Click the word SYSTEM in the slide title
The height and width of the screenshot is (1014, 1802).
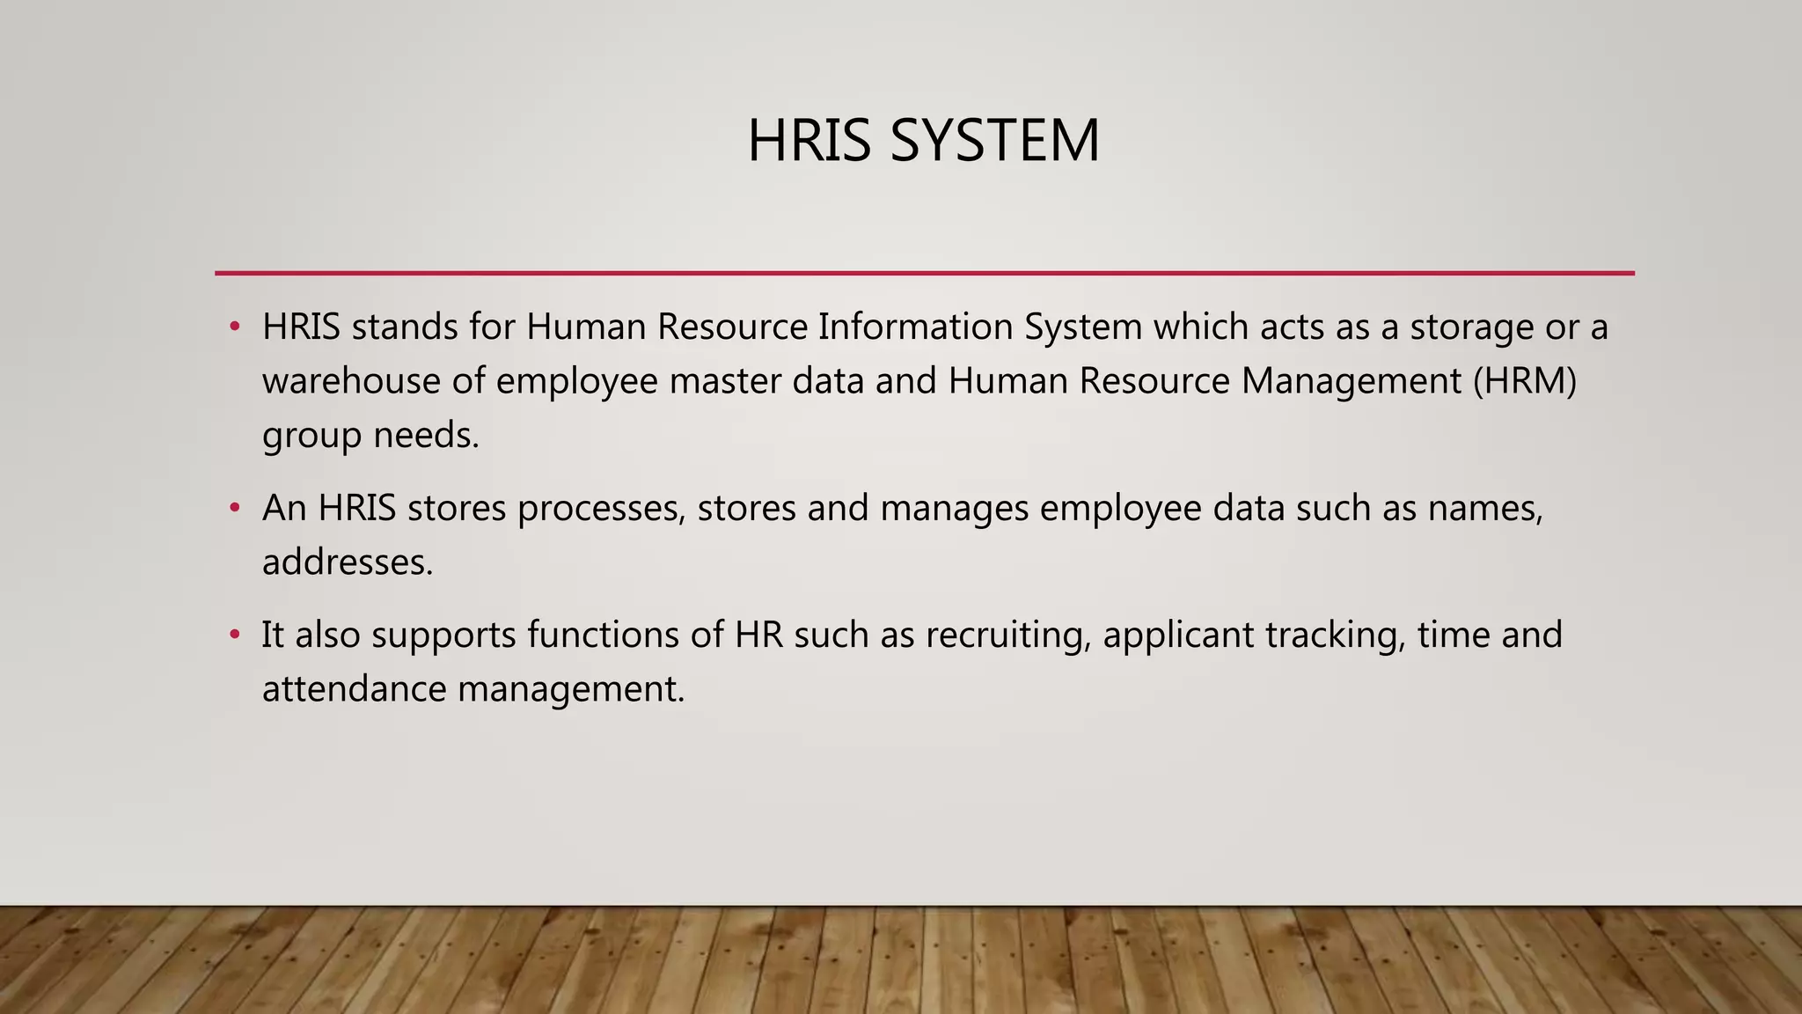tap(994, 141)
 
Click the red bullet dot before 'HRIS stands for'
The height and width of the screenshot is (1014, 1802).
tap(234, 327)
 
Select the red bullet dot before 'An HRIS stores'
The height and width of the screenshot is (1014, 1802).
tap(234, 508)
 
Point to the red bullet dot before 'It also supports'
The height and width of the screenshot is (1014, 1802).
tap(234, 635)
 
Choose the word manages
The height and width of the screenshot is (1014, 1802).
tap(954, 510)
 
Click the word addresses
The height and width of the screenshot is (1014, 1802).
tap(348, 562)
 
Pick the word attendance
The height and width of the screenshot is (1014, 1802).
tap(355, 689)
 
